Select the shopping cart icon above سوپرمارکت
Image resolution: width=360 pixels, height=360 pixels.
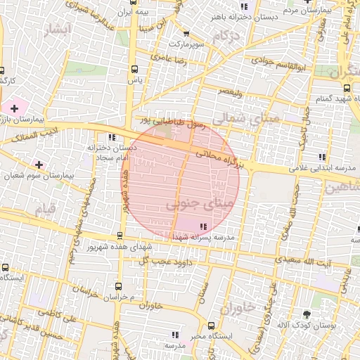tap(186, 34)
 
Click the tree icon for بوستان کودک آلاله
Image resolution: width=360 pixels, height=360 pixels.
tap(307, 314)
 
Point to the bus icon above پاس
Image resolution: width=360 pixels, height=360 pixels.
tap(134, 69)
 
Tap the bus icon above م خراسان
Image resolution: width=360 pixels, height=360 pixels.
tap(118, 286)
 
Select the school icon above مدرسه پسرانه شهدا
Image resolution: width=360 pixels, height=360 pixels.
tap(203, 226)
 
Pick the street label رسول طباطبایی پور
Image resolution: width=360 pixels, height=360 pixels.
tap(172, 124)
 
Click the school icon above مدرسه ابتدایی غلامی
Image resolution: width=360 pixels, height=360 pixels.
tap(321, 157)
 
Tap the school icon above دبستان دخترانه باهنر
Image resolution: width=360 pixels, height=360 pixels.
tap(244, 6)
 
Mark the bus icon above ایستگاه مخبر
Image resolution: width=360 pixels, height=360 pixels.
tap(212, 325)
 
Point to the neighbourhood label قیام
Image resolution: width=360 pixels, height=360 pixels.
tap(44, 210)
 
